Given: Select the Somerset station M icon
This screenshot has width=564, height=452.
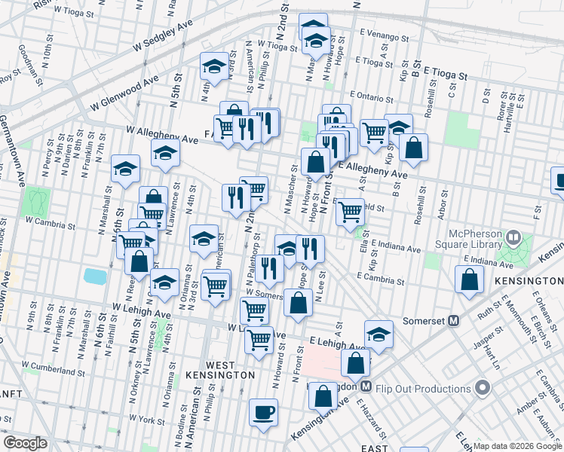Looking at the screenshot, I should (454, 320).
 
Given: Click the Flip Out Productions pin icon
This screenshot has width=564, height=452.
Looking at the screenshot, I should (483, 388).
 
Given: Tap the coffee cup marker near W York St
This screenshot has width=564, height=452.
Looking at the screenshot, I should (263, 414).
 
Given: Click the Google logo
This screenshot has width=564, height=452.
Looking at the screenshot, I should (25, 443).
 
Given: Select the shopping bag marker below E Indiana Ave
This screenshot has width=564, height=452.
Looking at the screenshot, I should (469, 280).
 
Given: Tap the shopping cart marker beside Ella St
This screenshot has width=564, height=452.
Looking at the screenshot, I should (350, 212).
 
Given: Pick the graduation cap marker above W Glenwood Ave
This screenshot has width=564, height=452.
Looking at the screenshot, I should (214, 69).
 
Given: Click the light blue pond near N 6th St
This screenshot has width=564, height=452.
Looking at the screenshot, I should (95, 276).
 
